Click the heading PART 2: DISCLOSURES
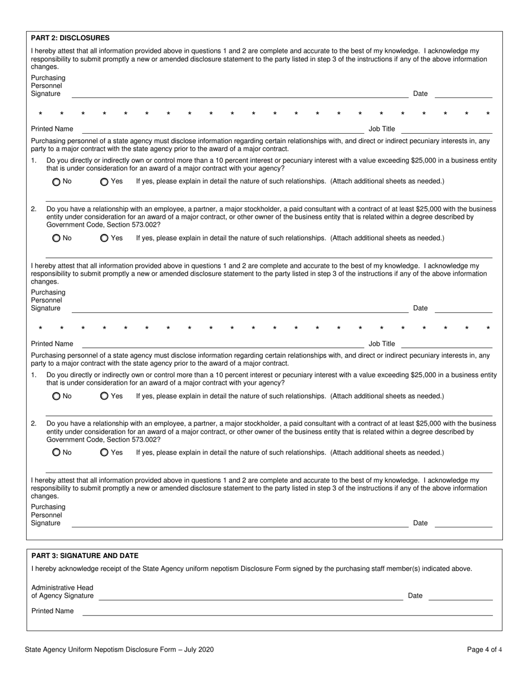(70, 38)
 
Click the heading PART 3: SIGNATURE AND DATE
(85, 555)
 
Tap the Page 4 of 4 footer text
(484, 649)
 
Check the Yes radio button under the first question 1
(104, 182)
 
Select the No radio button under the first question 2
(56, 238)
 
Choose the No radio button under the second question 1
(56, 397)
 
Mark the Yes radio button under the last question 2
(104, 453)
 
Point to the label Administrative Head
(62, 588)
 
